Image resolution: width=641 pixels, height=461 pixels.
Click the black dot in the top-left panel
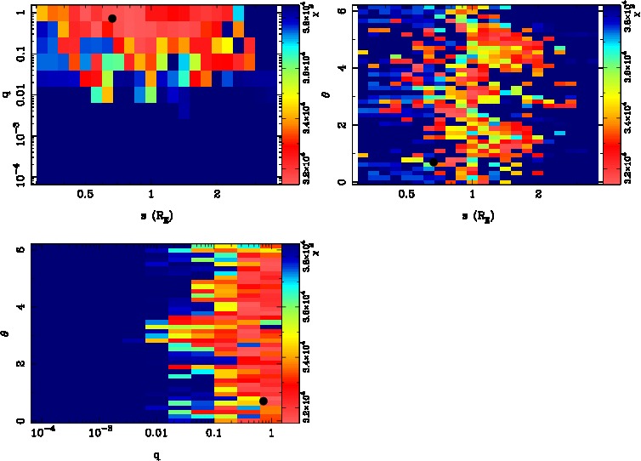coord(112,18)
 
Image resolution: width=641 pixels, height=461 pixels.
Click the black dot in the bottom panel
coord(264,401)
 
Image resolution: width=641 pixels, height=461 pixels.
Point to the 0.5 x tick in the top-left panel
coord(84,196)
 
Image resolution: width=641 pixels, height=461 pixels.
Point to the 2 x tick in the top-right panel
coord(538,196)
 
